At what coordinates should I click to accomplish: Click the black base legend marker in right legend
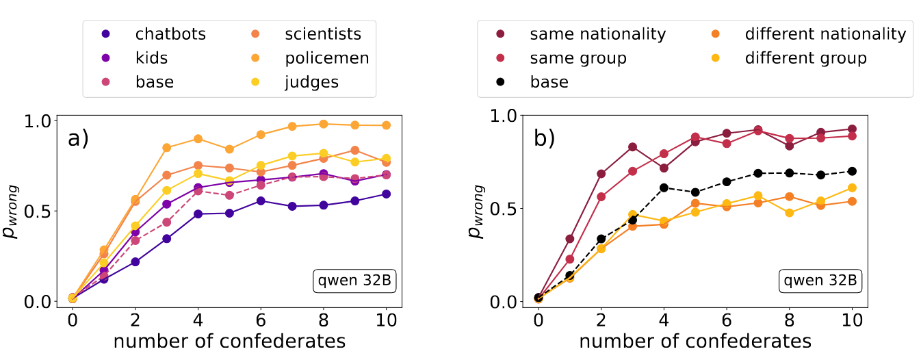point(501,83)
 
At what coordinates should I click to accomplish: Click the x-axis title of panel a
point(229,340)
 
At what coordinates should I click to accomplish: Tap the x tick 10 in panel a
point(386,319)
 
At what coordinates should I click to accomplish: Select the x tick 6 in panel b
point(727,319)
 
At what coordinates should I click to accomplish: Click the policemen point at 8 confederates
point(324,124)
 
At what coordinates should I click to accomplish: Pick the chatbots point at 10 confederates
point(386,194)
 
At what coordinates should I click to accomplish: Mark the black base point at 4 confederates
point(664,188)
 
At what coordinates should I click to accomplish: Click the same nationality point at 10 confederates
point(852,129)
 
